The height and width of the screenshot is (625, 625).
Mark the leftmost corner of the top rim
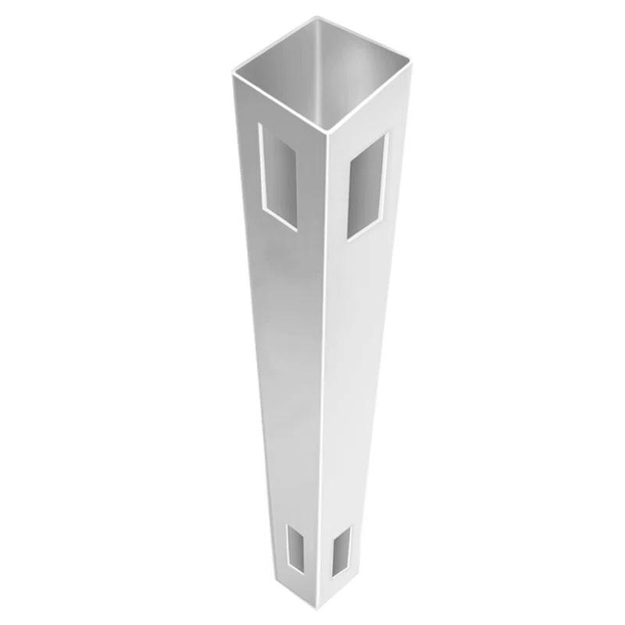click(x=234, y=72)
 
